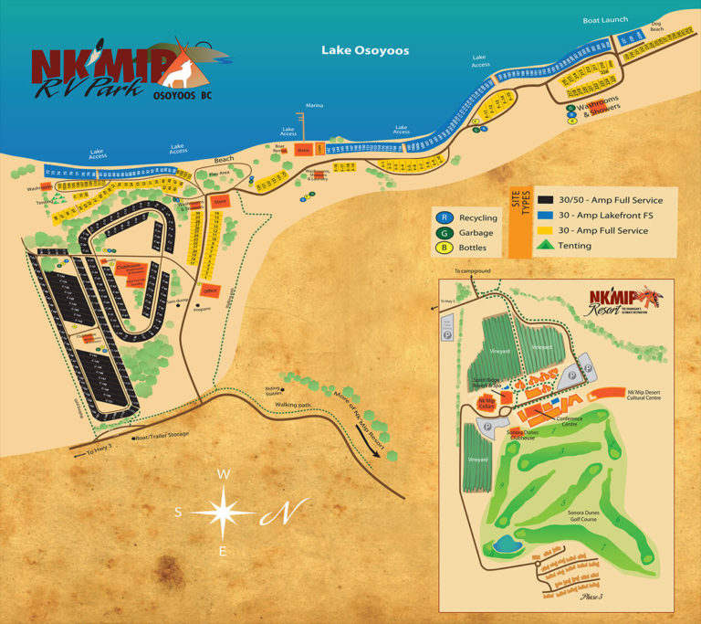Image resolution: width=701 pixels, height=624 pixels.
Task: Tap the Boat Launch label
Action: pos(605,20)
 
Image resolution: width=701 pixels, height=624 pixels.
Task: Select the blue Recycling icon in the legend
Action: pos(445,217)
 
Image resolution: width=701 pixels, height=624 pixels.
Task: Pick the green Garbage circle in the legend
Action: pos(445,232)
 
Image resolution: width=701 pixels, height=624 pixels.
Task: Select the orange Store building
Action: pos(219,201)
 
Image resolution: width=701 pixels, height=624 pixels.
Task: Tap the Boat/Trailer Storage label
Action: pos(161,434)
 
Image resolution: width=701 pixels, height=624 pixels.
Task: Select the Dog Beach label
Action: pos(655,27)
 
